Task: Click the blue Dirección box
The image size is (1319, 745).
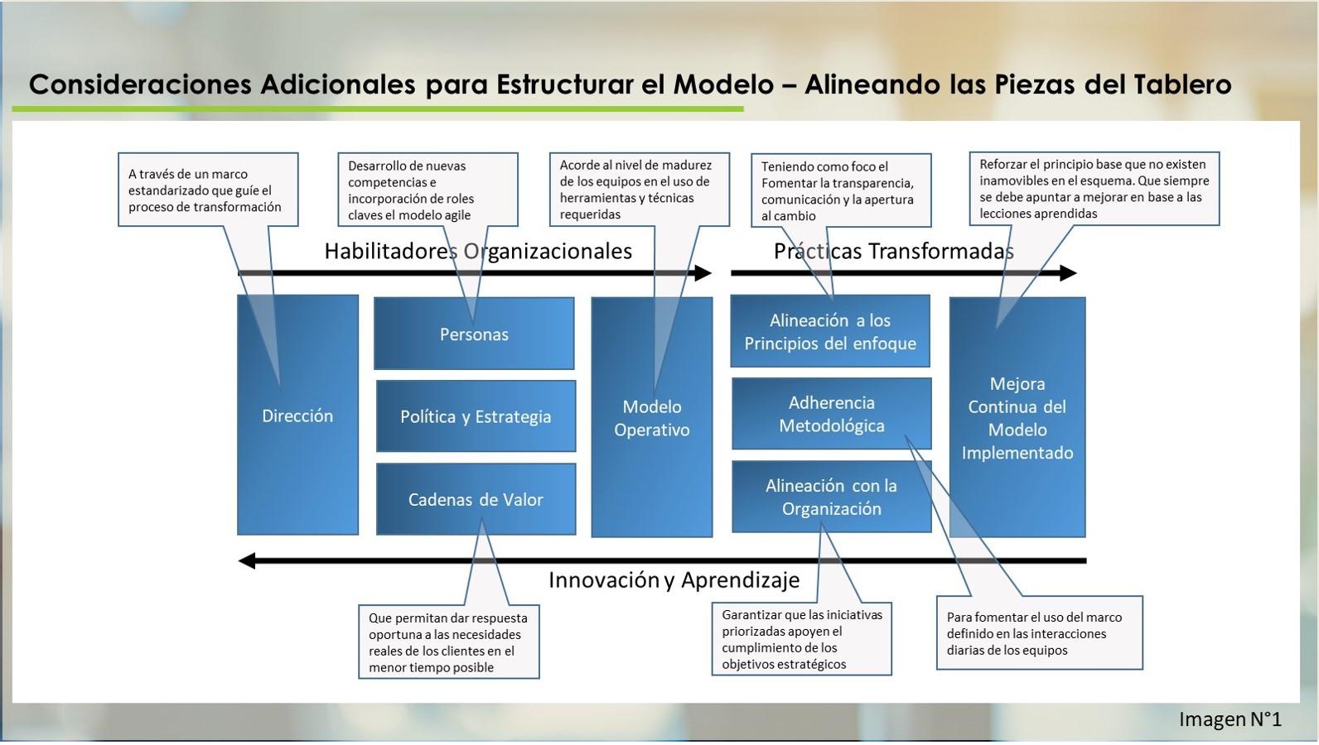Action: point(297,415)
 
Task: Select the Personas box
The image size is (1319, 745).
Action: point(474,334)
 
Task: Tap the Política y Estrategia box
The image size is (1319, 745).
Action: point(476,416)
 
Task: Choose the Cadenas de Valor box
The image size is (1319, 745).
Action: point(476,499)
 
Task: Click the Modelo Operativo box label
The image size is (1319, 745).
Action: point(652,418)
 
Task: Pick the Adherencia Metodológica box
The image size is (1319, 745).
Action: point(832,414)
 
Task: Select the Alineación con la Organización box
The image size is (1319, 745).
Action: point(832,497)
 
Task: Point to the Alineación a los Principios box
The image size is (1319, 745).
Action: point(830,331)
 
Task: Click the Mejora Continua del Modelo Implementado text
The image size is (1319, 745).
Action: point(1017,418)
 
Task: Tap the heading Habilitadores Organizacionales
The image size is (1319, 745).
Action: point(478,252)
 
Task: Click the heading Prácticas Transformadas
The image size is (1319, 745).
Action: point(894,252)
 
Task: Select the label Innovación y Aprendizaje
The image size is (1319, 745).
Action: point(674,580)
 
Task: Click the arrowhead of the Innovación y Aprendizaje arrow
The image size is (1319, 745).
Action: point(246,560)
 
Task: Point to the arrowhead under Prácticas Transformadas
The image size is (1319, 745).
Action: point(1069,273)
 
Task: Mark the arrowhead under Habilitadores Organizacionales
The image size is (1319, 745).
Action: point(703,273)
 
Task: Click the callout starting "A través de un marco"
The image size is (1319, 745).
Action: point(208,190)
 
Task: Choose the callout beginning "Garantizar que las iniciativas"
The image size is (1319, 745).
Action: point(801,639)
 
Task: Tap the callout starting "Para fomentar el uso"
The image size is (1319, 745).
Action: point(1040,633)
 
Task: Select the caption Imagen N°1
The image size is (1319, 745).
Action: point(1230,719)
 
